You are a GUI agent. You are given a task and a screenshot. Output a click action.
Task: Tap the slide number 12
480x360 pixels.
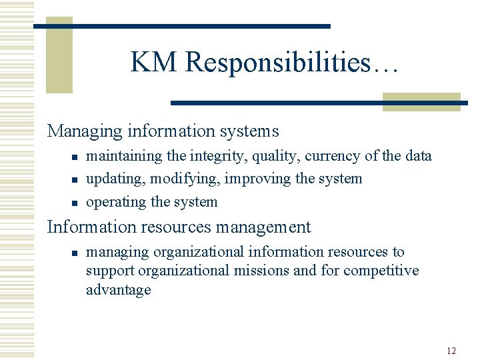click(451, 351)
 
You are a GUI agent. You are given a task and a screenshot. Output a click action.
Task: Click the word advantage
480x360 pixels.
click(119, 289)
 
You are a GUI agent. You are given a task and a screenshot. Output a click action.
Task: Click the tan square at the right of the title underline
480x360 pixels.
click(421, 101)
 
